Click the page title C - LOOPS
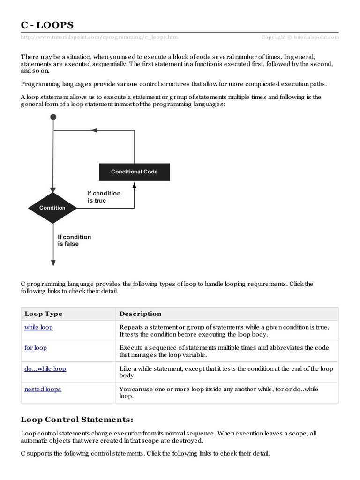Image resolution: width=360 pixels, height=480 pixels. pos(47,25)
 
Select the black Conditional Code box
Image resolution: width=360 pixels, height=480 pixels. pos(134,172)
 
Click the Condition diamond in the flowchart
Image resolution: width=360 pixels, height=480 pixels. pos(52,208)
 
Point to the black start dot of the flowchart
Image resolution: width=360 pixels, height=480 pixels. pos(53,117)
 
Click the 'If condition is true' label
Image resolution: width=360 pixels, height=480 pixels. pos(104,197)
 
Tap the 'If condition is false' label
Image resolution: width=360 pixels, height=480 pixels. pos(74,240)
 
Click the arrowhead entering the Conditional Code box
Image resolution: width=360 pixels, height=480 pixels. pos(135,185)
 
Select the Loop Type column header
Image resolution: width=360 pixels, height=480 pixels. pos(43,314)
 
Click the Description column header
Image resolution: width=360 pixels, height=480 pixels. pos(140,314)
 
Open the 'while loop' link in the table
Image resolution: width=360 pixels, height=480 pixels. pos(38,327)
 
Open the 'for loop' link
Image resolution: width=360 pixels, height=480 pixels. pos(36,348)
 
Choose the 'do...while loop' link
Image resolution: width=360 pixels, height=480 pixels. pos(45,368)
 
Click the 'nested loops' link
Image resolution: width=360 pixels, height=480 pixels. pos(43,389)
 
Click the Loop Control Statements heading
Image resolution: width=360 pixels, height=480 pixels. pos(77,419)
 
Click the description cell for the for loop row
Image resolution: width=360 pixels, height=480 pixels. pos(226,352)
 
